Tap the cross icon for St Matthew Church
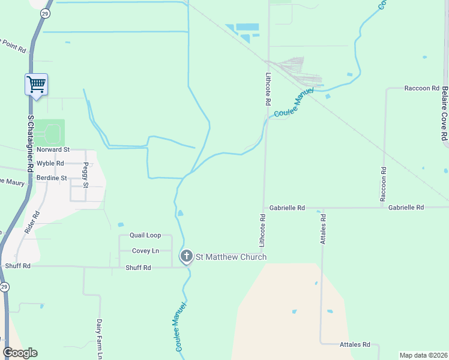(x=187, y=257)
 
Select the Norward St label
(x=53, y=149)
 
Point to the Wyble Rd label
(x=50, y=163)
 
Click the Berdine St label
(x=52, y=178)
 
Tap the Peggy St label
(x=86, y=175)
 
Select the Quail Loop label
(x=145, y=236)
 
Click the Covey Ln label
(x=145, y=251)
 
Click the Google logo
(x=20, y=352)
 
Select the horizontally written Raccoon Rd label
(x=422, y=88)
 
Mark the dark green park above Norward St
(x=49, y=131)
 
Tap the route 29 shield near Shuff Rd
(x=4, y=287)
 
